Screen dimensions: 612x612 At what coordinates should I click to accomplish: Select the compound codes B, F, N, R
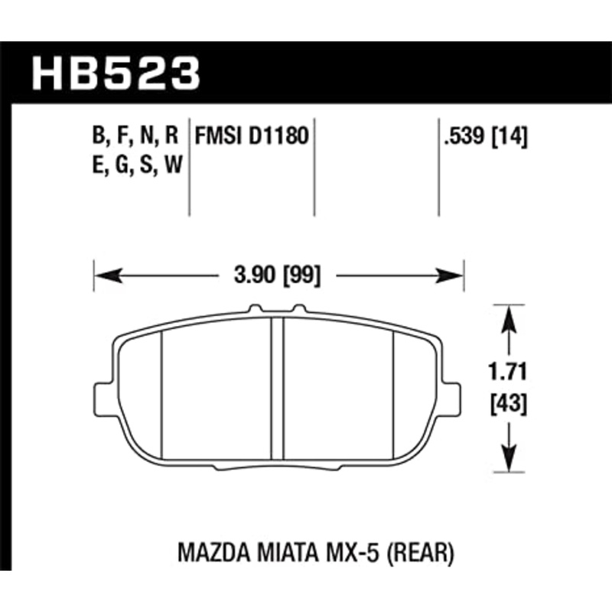click(135, 138)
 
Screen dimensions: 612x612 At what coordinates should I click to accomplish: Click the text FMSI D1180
click(252, 138)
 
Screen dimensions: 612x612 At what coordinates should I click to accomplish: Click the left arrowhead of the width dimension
click(101, 274)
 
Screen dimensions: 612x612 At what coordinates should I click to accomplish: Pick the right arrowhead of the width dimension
click(457, 274)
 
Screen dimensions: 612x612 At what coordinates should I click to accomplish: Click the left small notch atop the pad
click(255, 309)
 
